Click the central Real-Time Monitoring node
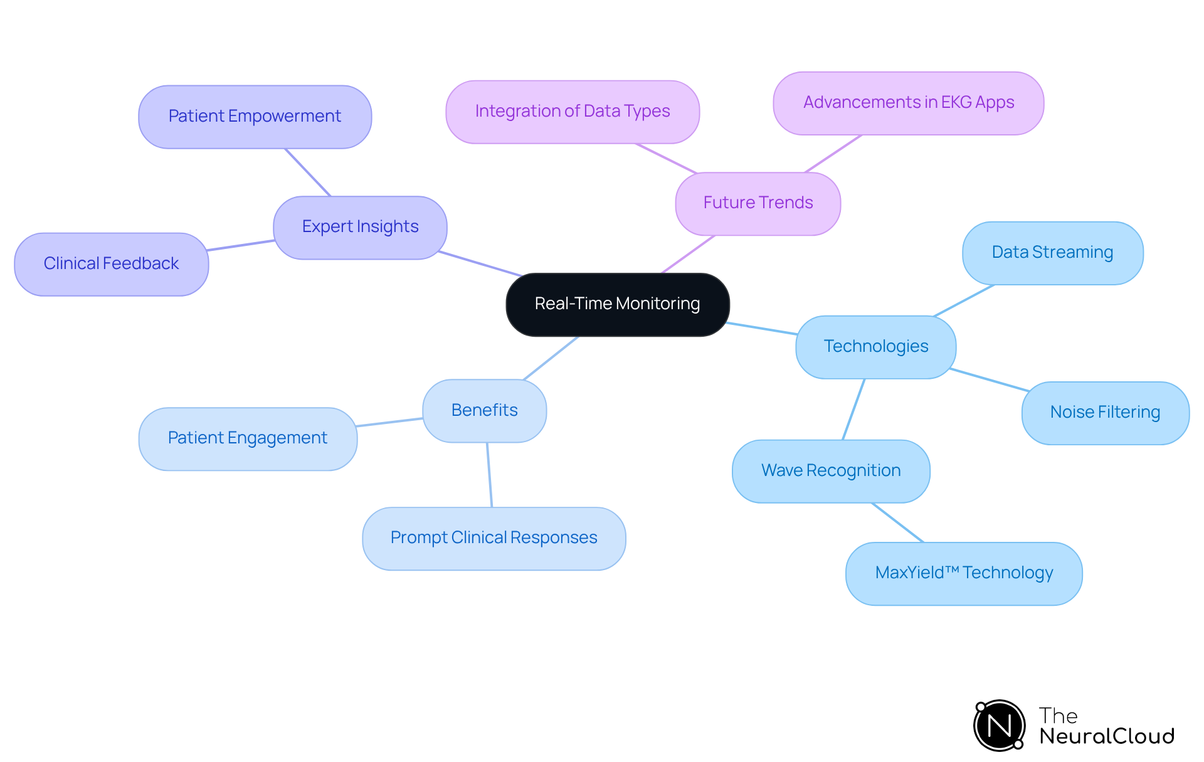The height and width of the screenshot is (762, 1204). tap(617, 304)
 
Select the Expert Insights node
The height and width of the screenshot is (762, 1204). tap(360, 227)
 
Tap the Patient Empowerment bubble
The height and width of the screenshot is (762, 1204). tap(255, 117)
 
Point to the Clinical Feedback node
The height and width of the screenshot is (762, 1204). tap(111, 264)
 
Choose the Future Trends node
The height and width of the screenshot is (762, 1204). tap(758, 203)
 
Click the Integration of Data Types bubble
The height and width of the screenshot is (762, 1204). tap(572, 112)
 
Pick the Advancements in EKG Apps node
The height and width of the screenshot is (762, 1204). tap(908, 103)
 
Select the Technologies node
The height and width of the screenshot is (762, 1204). tap(875, 347)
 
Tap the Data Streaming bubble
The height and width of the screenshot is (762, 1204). tap(1052, 253)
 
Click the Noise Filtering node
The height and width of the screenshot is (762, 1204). tap(1105, 413)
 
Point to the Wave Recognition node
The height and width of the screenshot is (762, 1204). tap(830, 471)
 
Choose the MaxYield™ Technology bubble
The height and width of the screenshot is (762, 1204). tap(963, 573)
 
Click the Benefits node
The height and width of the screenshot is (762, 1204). tap(484, 411)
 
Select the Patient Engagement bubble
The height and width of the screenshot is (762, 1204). tap(248, 438)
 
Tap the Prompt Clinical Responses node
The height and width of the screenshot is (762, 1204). tap(494, 538)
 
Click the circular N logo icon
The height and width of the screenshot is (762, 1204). tap(999, 726)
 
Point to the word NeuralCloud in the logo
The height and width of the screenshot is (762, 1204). tap(1106, 736)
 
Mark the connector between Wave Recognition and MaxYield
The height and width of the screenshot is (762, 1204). tap(897, 522)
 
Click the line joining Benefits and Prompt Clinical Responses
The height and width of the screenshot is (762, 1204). tap(489, 475)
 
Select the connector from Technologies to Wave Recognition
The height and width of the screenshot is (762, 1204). tap(853, 409)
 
